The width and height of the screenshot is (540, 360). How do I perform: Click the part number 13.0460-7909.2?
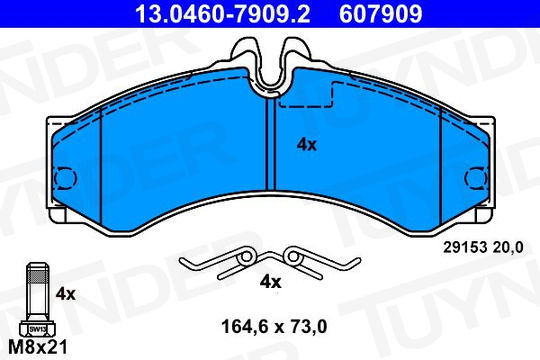[223, 14]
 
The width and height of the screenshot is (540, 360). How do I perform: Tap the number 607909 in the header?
[381, 14]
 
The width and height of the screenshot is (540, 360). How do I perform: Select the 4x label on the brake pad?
[307, 145]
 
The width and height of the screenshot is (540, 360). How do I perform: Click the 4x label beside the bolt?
[65, 294]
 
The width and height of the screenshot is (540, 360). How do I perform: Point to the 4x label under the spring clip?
[270, 282]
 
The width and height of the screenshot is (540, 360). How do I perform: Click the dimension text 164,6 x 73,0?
[274, 327]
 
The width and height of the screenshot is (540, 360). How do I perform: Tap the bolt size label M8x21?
[38, 347]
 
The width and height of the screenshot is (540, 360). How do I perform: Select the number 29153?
[465, 247]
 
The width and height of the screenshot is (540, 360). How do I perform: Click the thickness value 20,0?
[508, 247]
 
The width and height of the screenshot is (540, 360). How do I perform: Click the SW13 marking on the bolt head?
[38, 329]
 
